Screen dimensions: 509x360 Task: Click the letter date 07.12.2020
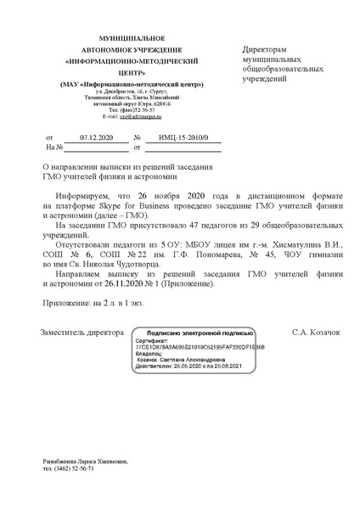tap(96, 137)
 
